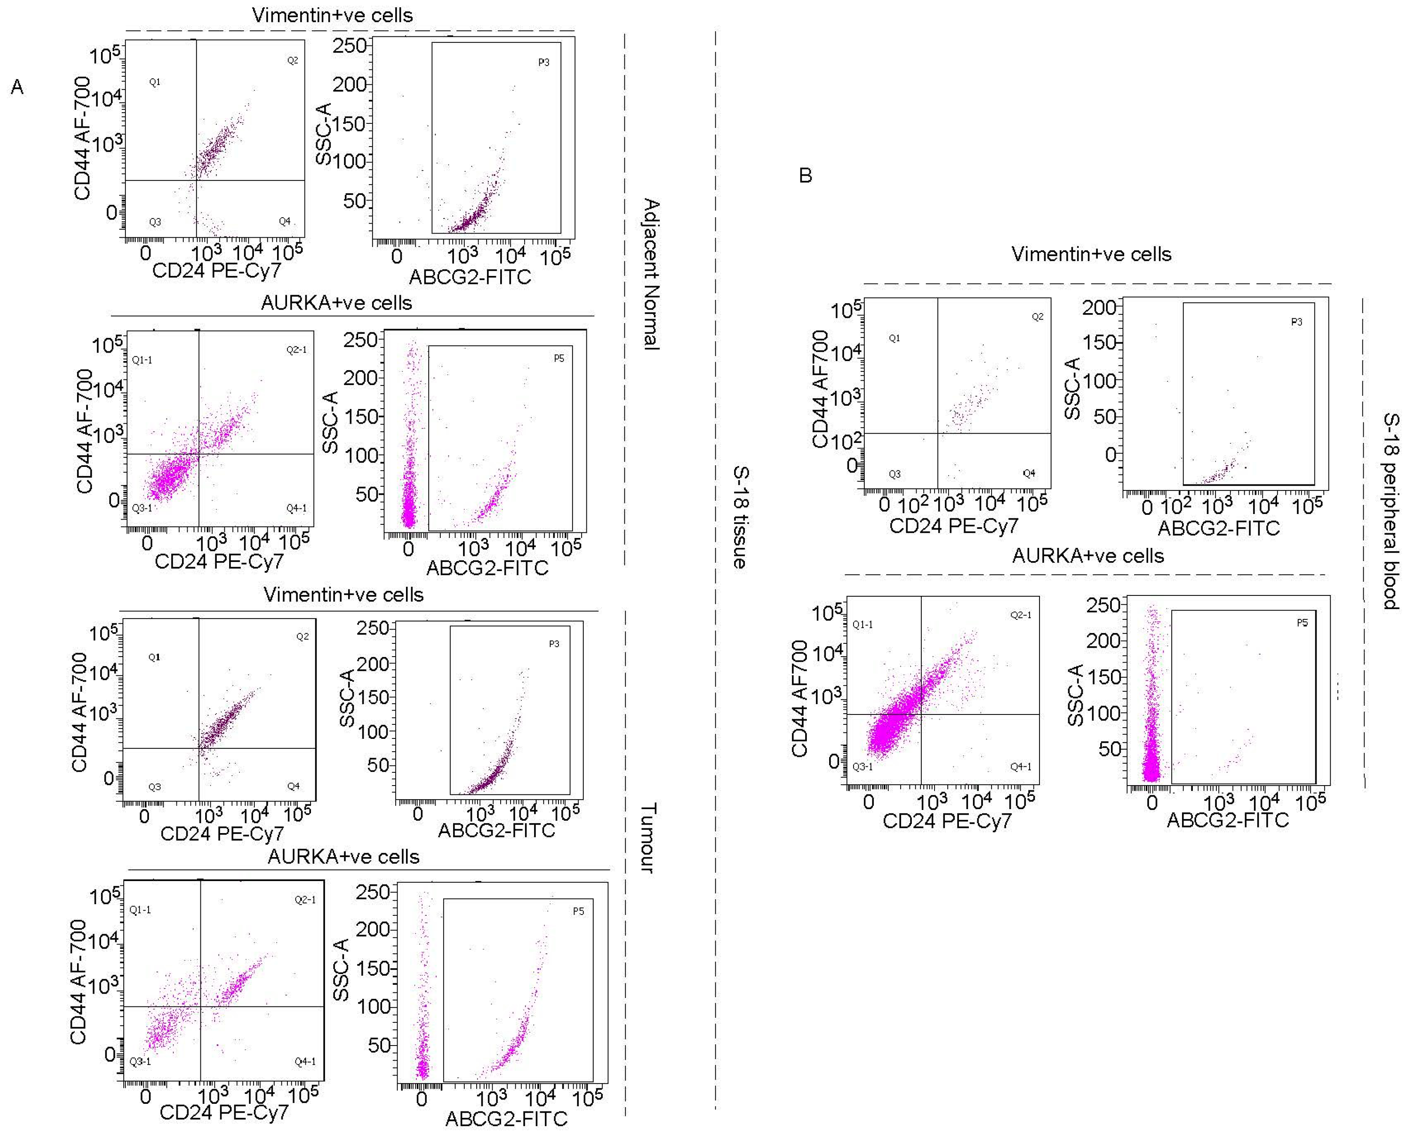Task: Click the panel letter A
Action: click(17, 87)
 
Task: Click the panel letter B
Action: click(805, 176)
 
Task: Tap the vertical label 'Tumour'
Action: click(647, 838)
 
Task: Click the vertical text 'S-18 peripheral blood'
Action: click(1390, 511)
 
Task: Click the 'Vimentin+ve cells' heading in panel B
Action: click(1091, 254)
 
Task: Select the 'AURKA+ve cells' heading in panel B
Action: click(1088, 556)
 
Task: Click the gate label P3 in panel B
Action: click(1296, 322)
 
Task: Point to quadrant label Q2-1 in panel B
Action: click(1020, 615)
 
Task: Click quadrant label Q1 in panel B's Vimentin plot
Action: click(894, 339)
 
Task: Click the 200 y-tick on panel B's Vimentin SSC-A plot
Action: click(1099, 307)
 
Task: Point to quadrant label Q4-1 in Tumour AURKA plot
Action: click(305, 1062)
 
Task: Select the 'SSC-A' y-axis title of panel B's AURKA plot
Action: click(1075, 696)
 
